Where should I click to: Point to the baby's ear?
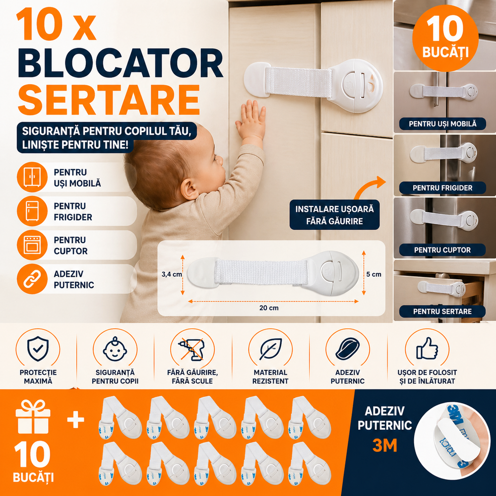tap(189, 189)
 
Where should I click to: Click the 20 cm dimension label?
tap(268, 308)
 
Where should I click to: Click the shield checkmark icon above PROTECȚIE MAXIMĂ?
tap(38, 348)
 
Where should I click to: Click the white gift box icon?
tap(33, 418)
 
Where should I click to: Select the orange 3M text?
tap(384, 446)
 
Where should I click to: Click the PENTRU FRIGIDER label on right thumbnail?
tap(442, 188)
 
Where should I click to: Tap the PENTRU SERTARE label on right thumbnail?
tap(442, 311)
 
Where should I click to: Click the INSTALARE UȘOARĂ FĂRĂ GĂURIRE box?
tap(334, 215)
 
